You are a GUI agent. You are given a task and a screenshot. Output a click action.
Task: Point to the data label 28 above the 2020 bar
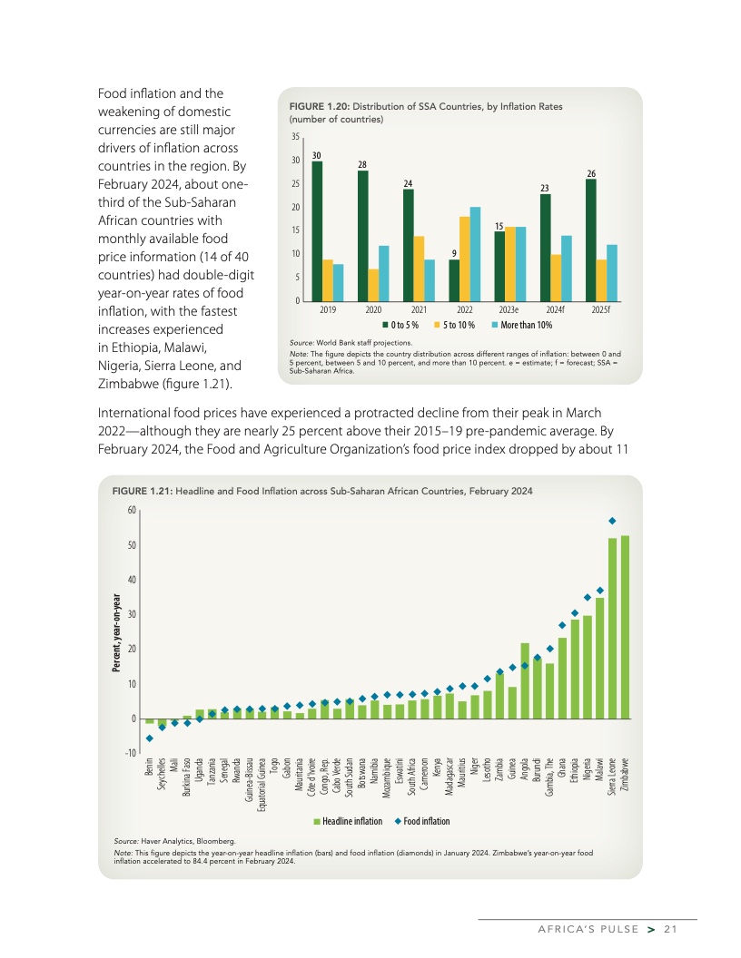click(x=362, y=164)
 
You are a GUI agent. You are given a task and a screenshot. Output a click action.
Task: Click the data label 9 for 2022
click(x=454, y=253)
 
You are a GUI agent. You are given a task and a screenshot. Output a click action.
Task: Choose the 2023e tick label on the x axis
click(x=509, y=308)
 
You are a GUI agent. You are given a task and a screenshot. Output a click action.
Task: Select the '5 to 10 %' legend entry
click(x=461, y=325)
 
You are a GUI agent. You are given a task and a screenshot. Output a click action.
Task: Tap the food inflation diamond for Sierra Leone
click(x=612, y=521)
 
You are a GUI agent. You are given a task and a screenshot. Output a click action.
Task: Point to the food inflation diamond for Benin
click(x=150, y=738)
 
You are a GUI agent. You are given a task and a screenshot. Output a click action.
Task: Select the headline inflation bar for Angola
click(x=525, y=680)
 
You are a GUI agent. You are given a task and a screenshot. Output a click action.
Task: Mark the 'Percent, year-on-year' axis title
click(x=116, y=632)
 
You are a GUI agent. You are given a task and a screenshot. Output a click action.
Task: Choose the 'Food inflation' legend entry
click(x=422, y=821)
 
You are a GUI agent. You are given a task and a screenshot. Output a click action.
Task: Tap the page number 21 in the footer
click(x=671, y=928)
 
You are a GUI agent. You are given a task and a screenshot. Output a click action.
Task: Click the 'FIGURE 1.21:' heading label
click(x=143, y=491)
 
